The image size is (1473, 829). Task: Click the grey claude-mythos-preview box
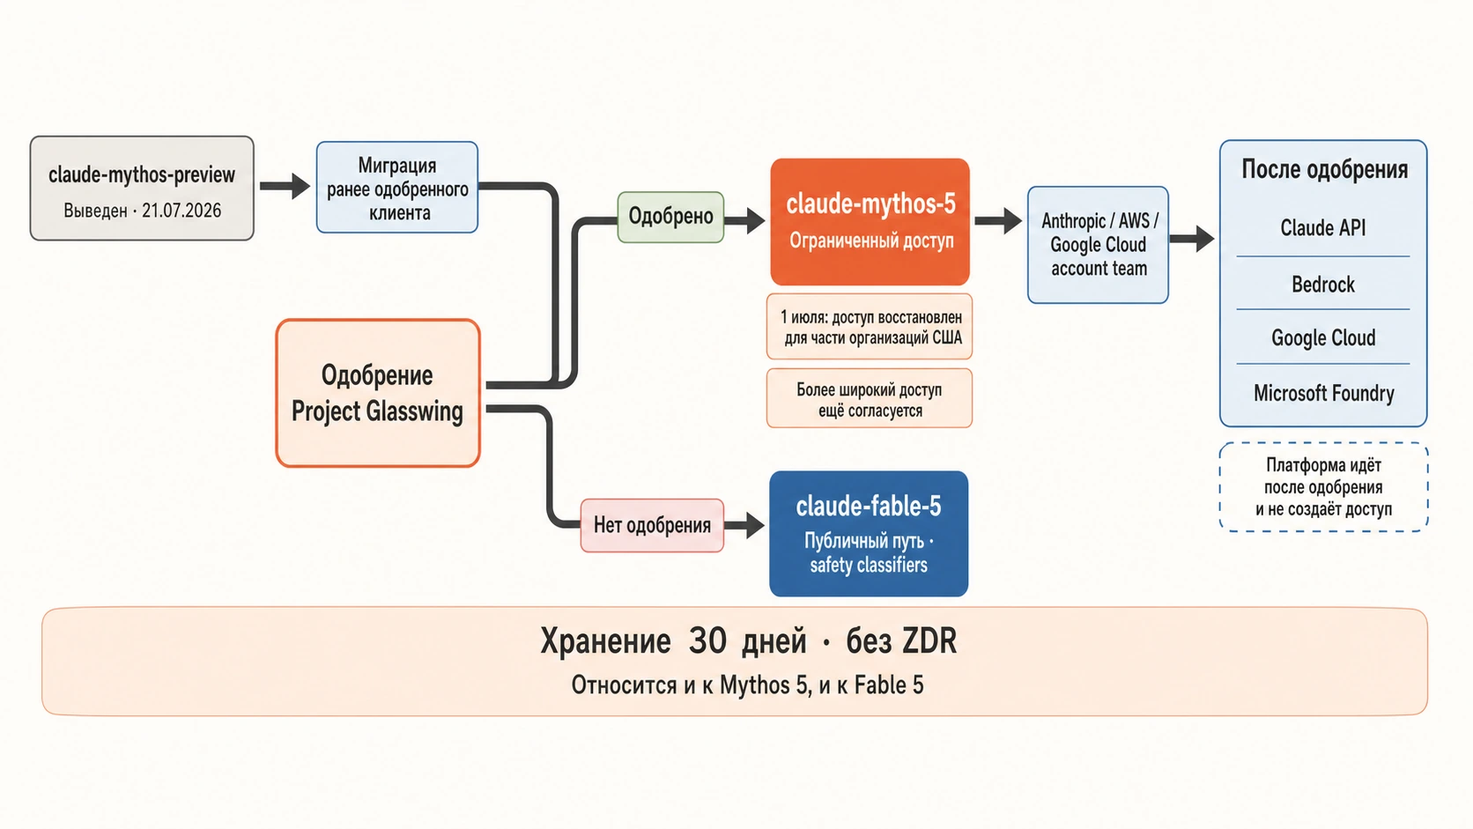click(142, 188)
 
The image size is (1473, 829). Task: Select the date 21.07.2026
click(181, 211)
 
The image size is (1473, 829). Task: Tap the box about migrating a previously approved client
click(397, 188)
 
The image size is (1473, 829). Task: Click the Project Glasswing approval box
click(378, 393)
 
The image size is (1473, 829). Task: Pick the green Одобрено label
click(670, 217)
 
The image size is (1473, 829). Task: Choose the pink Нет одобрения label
click(652, 525)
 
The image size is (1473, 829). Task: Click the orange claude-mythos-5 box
click(870, 221)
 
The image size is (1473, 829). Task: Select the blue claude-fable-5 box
click(869, 534)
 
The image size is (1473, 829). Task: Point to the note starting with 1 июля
click(870, 327)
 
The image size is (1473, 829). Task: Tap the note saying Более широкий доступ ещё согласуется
click(870, 398)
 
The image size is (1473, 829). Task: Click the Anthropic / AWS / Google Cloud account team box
click(1099, 245)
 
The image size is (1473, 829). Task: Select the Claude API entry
click(1323, 227)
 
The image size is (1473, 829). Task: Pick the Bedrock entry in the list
click(1323, 284)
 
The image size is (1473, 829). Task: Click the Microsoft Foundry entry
click(1324, 393)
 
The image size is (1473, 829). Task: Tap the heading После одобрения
click(1324, 170)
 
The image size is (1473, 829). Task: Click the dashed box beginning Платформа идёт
click(1324, 487)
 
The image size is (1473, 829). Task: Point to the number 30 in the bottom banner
click(707, 640)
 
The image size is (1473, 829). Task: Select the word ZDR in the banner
click(929, 640)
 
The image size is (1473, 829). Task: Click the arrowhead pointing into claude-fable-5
click(755, 525)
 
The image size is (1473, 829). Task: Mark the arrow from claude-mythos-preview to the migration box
click(285, 186)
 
